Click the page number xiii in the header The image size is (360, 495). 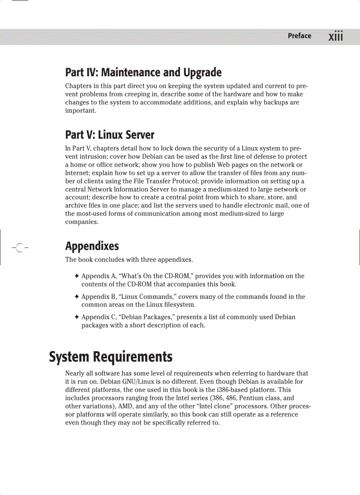click(x=336, y=36)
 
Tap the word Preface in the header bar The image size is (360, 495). click(x=300, y=36)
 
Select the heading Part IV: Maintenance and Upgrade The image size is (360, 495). click(x=143, y=72)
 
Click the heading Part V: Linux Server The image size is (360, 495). click(x=110, y=134)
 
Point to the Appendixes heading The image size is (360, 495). click(x=92, y=246)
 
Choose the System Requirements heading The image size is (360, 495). click(x=110, y=357)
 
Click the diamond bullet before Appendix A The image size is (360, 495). click(x=77, y=276)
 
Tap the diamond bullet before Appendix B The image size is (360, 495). click(x=77, y=297)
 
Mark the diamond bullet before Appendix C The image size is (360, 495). click(x=77, y=317)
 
